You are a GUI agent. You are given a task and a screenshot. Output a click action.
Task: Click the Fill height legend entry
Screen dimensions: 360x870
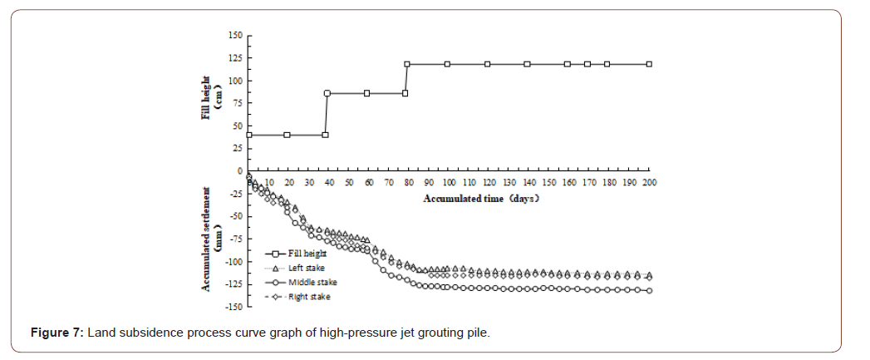(x=305, y=254)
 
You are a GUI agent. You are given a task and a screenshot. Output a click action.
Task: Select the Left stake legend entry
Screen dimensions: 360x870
(x=307, y=268)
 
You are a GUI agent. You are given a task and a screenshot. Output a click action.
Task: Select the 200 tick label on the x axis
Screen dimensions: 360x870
(x=650, y=182)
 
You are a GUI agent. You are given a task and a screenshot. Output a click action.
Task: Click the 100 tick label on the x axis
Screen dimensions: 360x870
(x=449, y=182)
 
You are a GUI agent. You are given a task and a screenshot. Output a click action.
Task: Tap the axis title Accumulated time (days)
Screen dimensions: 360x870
(x=482, y=199)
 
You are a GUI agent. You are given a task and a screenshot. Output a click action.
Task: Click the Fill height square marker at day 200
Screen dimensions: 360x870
(x=650, y=64)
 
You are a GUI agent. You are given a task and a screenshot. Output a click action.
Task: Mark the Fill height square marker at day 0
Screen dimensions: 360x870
(x=248, y=135)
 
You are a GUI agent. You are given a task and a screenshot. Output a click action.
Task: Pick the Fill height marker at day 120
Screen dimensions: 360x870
(x=488, y=64)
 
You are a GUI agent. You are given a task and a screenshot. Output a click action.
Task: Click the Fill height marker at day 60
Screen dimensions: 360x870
(x=367, y=93)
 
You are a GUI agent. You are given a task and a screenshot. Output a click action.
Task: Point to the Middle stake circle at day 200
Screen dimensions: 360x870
(x=650, y=290)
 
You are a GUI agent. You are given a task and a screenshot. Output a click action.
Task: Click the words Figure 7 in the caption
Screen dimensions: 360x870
(x=56, y=333)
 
